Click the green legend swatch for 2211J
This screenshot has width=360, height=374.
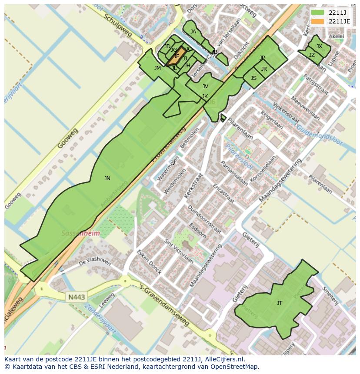317,13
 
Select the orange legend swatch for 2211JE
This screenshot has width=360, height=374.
317,21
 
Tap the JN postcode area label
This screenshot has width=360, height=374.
107,178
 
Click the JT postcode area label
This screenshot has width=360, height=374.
280,303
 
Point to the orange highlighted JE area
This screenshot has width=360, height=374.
177,56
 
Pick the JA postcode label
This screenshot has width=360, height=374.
193,32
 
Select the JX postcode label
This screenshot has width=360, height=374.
319,46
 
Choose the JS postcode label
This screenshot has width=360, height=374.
253,78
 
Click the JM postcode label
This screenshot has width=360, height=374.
157,68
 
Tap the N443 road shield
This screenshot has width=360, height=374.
77,297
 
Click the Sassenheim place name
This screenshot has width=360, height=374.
80,233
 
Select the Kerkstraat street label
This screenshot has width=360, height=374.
193,186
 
